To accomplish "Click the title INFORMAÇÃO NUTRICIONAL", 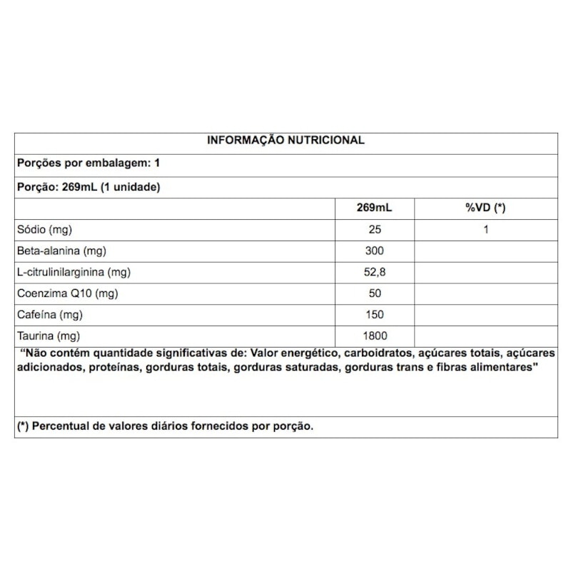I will pyautogui.click(x=285, y=141).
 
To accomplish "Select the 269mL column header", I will pyautogui.click(x=374, y=208).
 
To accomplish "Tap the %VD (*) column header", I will pyautogui.click(x=485, y=208).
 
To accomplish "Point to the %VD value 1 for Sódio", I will pyautogui.click(x=485, y=230).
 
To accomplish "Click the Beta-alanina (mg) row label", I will pyautogui.click(x=62, y=251).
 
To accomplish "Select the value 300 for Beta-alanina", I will pyautogui.click(x=374, y=251).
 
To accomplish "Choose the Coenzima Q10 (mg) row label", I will pyautogui.click(x=68, y=293).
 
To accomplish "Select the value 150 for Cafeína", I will pyautogui.click(x=374, y=315).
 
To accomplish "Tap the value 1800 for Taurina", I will pyautogui.click(x=374, y=336).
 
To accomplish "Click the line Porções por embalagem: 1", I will pyautogui.click(x=88, y=163).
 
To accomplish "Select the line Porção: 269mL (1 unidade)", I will pyautogui.click(x=88, y=188).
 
